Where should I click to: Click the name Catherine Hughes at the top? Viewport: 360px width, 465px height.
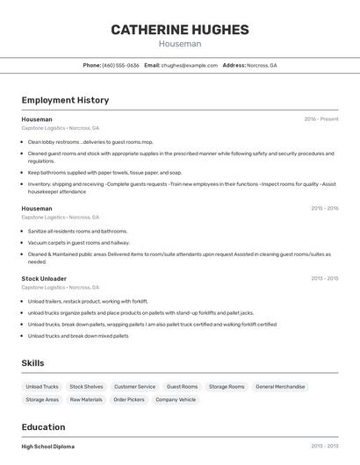click(180, 30)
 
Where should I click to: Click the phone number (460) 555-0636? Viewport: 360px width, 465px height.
click(120, 65)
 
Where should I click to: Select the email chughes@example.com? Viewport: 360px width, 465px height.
click(189, 65)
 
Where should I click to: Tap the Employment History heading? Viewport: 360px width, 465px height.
click(65, 100)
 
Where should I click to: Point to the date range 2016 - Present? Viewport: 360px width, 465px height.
click(321, 119)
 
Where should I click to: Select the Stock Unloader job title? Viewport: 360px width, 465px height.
click(43, 279)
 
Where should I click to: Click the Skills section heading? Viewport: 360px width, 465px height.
click(32, 363)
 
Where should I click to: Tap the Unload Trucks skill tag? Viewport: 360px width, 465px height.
click(42, 387)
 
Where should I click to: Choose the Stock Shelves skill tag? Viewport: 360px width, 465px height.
click(86, 387)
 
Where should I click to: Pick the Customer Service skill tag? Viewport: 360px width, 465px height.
click(134, 387)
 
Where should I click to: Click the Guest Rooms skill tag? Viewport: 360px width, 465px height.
click(183, 387)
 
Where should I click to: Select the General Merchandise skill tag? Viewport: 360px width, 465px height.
click(281, 387)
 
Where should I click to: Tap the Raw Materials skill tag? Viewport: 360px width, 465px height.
click(86, 400)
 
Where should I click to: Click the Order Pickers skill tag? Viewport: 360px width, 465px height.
click(129, 400)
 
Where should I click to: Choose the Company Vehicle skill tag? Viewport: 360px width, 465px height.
click(176, 400)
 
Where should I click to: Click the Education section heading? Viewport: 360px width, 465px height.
click(43, 427)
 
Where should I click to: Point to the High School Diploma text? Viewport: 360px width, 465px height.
click(47, 447)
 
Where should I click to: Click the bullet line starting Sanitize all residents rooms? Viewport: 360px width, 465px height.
click(77, 231)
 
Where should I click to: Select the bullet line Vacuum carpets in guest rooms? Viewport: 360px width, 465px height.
click(78, 242)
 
